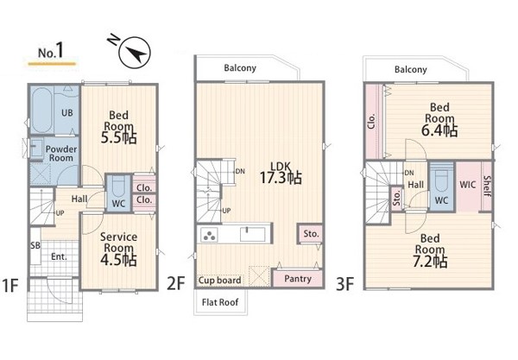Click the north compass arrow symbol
click(x=135, y=53)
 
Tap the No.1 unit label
click(x=50, y=51)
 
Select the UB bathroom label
click(x=67, y=112)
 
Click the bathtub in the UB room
click(x=41, y=110)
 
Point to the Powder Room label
click(x=61, y=154)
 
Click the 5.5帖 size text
click(x=118, y=138)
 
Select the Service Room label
click(x=118, y=242)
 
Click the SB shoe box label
click(x=35, y=245)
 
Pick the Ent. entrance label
click(x=59, y=256)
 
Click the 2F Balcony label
click(x=240, y=68)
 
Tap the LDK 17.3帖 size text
click(x=281, y=178)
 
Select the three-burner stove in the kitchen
click(x=209, y=235)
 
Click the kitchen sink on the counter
click(x=253, y=234)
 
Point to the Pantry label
click(x=298, y=279)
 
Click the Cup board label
click(x=219, y=281)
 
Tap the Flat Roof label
click(x=220, y=302)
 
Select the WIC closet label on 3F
click(x=467, y=184)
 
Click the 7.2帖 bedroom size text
click(x=430, y=262)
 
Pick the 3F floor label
click(x=344, y=284)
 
